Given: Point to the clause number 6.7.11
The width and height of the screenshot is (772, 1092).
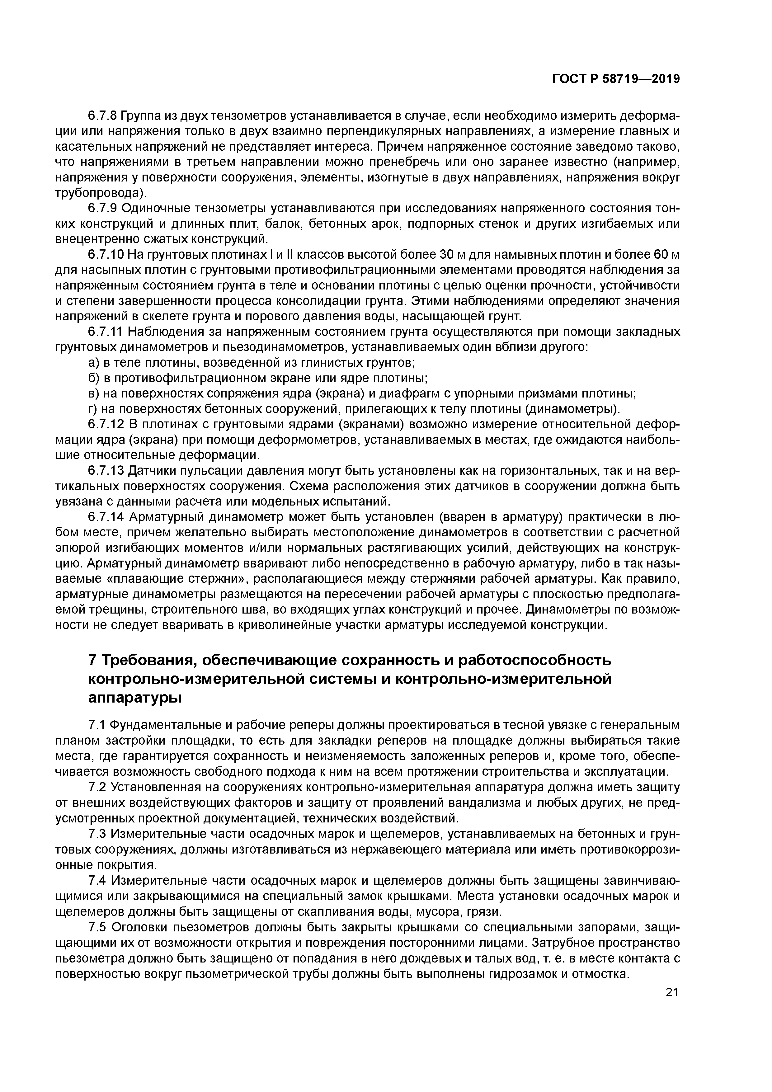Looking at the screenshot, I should coord(106,332).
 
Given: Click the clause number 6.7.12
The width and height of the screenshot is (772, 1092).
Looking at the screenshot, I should coord(106,424).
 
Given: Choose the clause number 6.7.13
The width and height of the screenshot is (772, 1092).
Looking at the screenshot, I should coord(106,470).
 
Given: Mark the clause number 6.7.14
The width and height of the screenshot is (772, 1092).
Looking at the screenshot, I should coord(106,517).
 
